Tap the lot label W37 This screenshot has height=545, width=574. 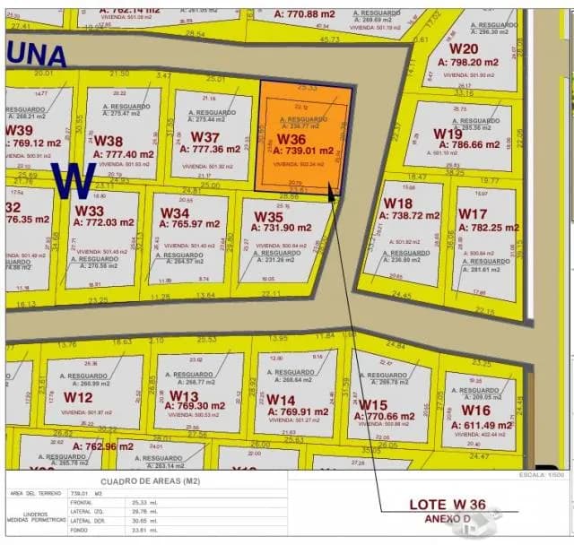(205, 137)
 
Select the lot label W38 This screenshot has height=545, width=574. (109, 142)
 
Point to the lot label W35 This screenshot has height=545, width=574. (269, 217)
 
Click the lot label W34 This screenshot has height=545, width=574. (175, 213)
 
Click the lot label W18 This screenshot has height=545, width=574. (398, 203)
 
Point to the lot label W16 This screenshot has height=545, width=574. (475, 410)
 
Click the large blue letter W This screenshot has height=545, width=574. (74, 180)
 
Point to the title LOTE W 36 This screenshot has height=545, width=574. (448, 505)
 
